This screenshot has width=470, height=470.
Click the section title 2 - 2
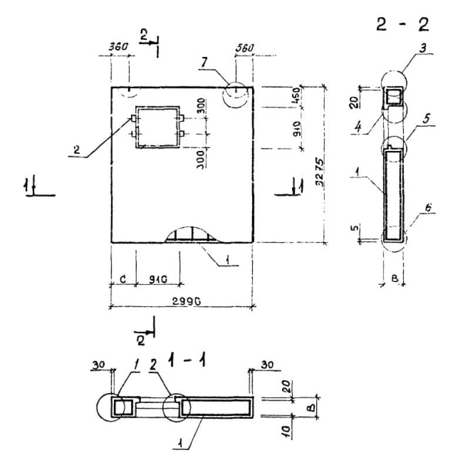[x=404, y=25]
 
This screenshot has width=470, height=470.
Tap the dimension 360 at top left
[x=119, y=47]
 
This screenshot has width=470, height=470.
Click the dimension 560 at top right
[x=244, y=47]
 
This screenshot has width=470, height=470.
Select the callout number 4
[x=358, y=125]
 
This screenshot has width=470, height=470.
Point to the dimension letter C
[x=122, y=279]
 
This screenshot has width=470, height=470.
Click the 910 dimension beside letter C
[x=157, y=278]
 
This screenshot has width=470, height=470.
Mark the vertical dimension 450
[x=297, y=95]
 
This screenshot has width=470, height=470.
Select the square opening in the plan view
[x=157, y=127]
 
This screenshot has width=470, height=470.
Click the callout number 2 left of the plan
[x=76, y=150]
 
